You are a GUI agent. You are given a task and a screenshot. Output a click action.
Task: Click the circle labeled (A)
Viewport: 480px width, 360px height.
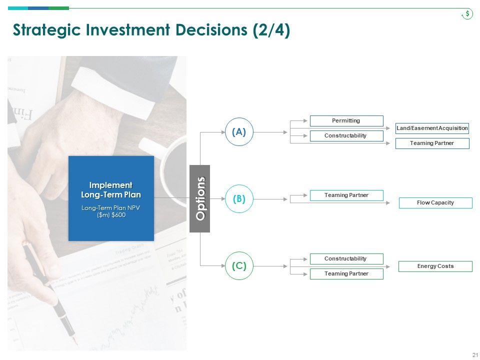pos(239,132)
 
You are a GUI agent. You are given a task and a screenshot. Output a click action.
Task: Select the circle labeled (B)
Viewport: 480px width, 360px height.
pos(239,199)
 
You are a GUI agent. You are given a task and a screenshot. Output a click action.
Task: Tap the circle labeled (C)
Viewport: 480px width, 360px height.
pos(239,266)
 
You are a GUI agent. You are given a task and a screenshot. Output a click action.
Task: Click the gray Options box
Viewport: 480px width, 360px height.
pos(200,198)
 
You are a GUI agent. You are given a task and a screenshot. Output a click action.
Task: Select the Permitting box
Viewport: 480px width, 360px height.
pos(346,120)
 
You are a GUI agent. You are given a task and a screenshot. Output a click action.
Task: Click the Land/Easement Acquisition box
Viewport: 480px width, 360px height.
pos(432,128)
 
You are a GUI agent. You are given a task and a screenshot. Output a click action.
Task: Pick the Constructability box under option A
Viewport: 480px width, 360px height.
pos(346,135)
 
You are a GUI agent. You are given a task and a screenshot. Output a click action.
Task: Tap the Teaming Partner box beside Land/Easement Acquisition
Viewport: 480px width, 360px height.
pos(432,143)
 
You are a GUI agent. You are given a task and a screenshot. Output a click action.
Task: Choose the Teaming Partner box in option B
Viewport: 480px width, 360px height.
pos(346,195)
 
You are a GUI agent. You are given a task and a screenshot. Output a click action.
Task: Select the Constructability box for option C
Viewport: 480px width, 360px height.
pos(346,258)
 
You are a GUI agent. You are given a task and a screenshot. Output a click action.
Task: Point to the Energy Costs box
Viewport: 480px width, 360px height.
pos(435,266)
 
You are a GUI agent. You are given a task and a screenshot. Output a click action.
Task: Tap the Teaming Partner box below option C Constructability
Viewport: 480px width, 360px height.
pos(346,273)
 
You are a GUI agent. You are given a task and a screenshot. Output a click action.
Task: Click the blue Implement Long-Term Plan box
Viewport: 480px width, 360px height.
pos(111,198)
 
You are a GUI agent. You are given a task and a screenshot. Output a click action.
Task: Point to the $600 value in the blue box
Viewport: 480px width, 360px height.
pos(118,214)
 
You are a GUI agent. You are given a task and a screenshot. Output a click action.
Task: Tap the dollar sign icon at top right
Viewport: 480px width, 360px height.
pos(467,14)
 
